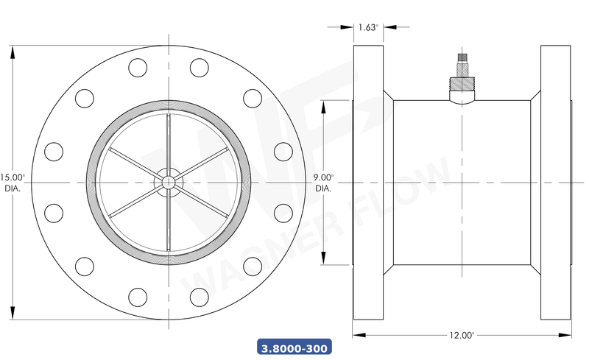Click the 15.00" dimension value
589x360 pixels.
click(13, 177)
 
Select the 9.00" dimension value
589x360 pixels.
click(323, 177)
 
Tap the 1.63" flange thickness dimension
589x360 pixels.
click(368, 27)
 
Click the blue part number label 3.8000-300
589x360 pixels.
click(294, 346)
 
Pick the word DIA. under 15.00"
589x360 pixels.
click(13, 188)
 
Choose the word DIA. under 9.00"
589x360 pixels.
click(323, 188)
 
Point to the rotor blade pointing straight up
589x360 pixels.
click(169, 144)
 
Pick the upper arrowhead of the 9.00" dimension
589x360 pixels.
click(323, 104)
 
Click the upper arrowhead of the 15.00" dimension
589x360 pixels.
click(13, 49)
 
